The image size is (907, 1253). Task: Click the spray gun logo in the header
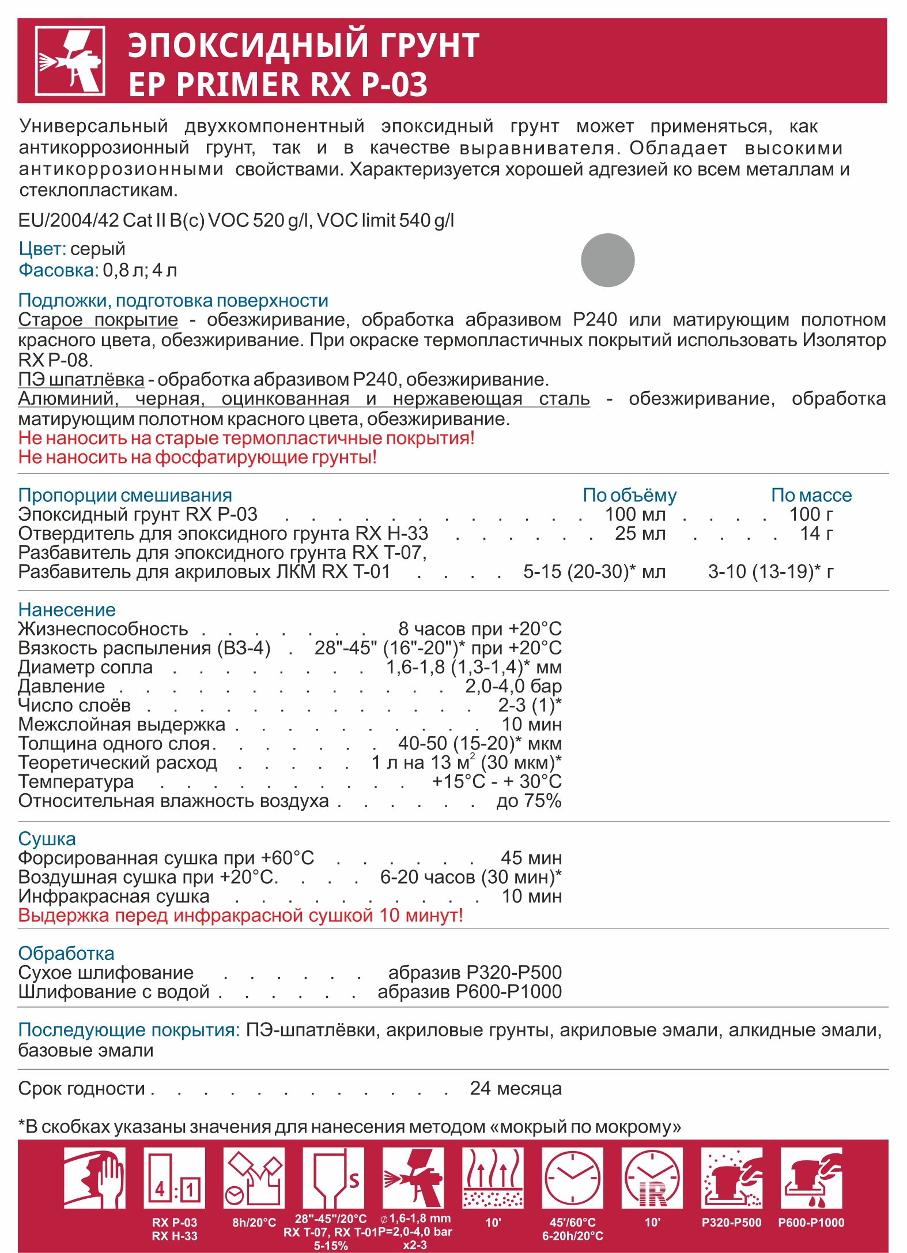70,60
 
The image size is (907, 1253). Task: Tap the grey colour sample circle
607,260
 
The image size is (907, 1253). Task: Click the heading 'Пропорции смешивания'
125,495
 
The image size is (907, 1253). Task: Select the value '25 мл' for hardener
640,533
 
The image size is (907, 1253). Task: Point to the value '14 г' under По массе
816,533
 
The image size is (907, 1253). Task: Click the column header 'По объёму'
629,495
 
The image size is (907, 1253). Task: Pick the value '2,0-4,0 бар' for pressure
513,686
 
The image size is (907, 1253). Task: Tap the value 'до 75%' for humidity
528,801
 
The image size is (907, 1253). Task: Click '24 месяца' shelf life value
515,1088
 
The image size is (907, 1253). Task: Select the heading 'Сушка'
47,839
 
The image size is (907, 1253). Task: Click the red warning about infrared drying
240,915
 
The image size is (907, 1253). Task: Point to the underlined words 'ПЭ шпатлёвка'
81,380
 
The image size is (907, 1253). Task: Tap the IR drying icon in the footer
652,1178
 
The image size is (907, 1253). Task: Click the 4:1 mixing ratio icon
174,1178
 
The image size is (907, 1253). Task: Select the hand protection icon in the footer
95,1178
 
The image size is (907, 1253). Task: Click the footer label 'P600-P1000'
811,1222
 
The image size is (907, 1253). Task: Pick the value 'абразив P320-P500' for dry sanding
475,972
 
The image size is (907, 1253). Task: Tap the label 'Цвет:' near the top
43,249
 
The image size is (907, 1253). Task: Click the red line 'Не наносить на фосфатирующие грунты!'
197,457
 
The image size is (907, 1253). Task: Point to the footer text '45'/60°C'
572,1222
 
